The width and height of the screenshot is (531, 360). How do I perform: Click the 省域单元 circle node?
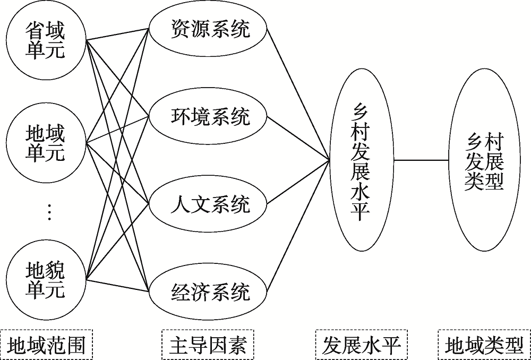tap(45, 40)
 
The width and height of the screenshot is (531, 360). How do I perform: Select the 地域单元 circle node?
tap(45, 142)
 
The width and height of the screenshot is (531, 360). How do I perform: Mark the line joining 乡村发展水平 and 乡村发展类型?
tap(419, 160)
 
